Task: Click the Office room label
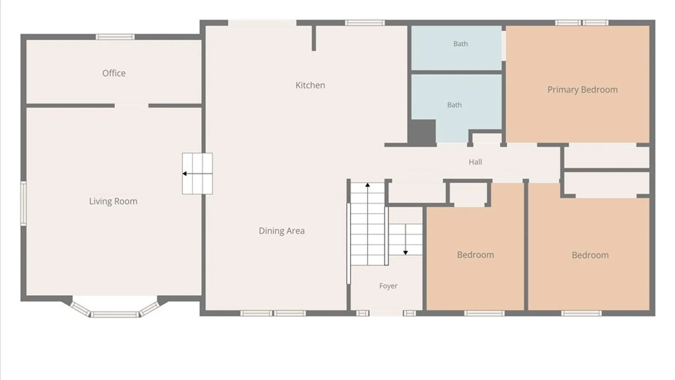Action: pos(114,73)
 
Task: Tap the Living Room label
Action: pos(113,201)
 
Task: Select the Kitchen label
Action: pos(310,85)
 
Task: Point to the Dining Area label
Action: pos(282,231)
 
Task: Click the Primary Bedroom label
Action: pos(583,90)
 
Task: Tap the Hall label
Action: pos(475,162)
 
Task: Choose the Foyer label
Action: pos(388,286)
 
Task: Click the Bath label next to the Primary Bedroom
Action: pos(461,44)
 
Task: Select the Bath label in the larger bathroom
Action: pos(454,105)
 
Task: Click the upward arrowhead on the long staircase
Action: pos(367,185)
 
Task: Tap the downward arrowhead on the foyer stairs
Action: pos(405,253)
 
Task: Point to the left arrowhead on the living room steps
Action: pos(184,173)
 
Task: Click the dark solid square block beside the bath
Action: pos(422,132)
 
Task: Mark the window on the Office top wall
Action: pos(115,37)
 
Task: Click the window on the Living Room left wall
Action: pos(23,203)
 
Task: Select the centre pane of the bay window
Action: pos(115,314)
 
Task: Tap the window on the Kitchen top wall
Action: pos(365,23)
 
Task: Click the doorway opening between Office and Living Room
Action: pos(131,106)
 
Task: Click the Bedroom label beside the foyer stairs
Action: pos(475,255)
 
